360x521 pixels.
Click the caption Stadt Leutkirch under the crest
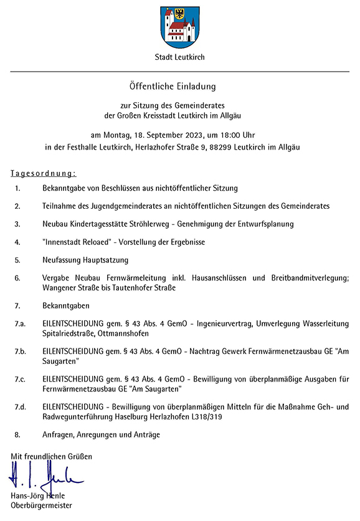pyautogui.click(x=179, y=57)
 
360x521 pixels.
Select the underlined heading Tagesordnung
pyautogui.click(x=44, y=173)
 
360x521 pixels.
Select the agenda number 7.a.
pyautogui.click(x=21, y=324)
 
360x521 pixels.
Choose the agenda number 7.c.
pyautogui.click(x=21, y=379)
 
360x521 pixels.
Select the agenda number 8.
pyautogui.click(x=18, y=434)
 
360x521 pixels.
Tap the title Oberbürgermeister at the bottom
pyautogui.click(x=41, y=505)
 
